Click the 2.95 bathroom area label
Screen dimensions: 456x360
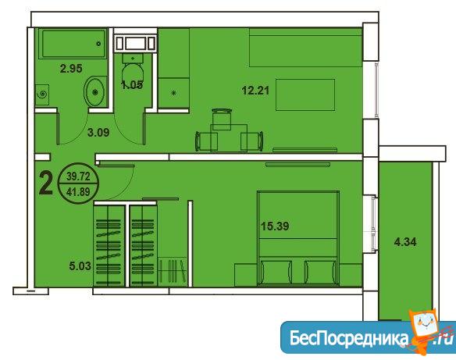point(71,69)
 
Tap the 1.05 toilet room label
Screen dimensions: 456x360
point(132,85)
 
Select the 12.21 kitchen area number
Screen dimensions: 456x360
point(255,91)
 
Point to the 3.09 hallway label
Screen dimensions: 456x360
point(98,133)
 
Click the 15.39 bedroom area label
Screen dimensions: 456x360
point(275,226)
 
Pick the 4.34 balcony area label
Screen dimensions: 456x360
point(405,241)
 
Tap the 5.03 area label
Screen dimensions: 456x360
point(80,266)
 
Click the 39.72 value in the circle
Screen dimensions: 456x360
point(78,176)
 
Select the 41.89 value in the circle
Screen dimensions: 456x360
point(78,191)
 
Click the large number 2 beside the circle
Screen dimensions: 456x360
point(46,184)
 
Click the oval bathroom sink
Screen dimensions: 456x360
point(94,91)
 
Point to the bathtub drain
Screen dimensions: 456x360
point(98,44)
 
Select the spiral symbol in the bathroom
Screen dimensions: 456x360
point(43,94)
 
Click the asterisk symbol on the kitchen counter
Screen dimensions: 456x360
point(174,93)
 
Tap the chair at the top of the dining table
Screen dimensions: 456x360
point(222,119)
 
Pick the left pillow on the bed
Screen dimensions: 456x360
point(276,273)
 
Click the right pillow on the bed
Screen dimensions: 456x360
point(321,273)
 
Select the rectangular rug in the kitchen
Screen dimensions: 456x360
point(305,94)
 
